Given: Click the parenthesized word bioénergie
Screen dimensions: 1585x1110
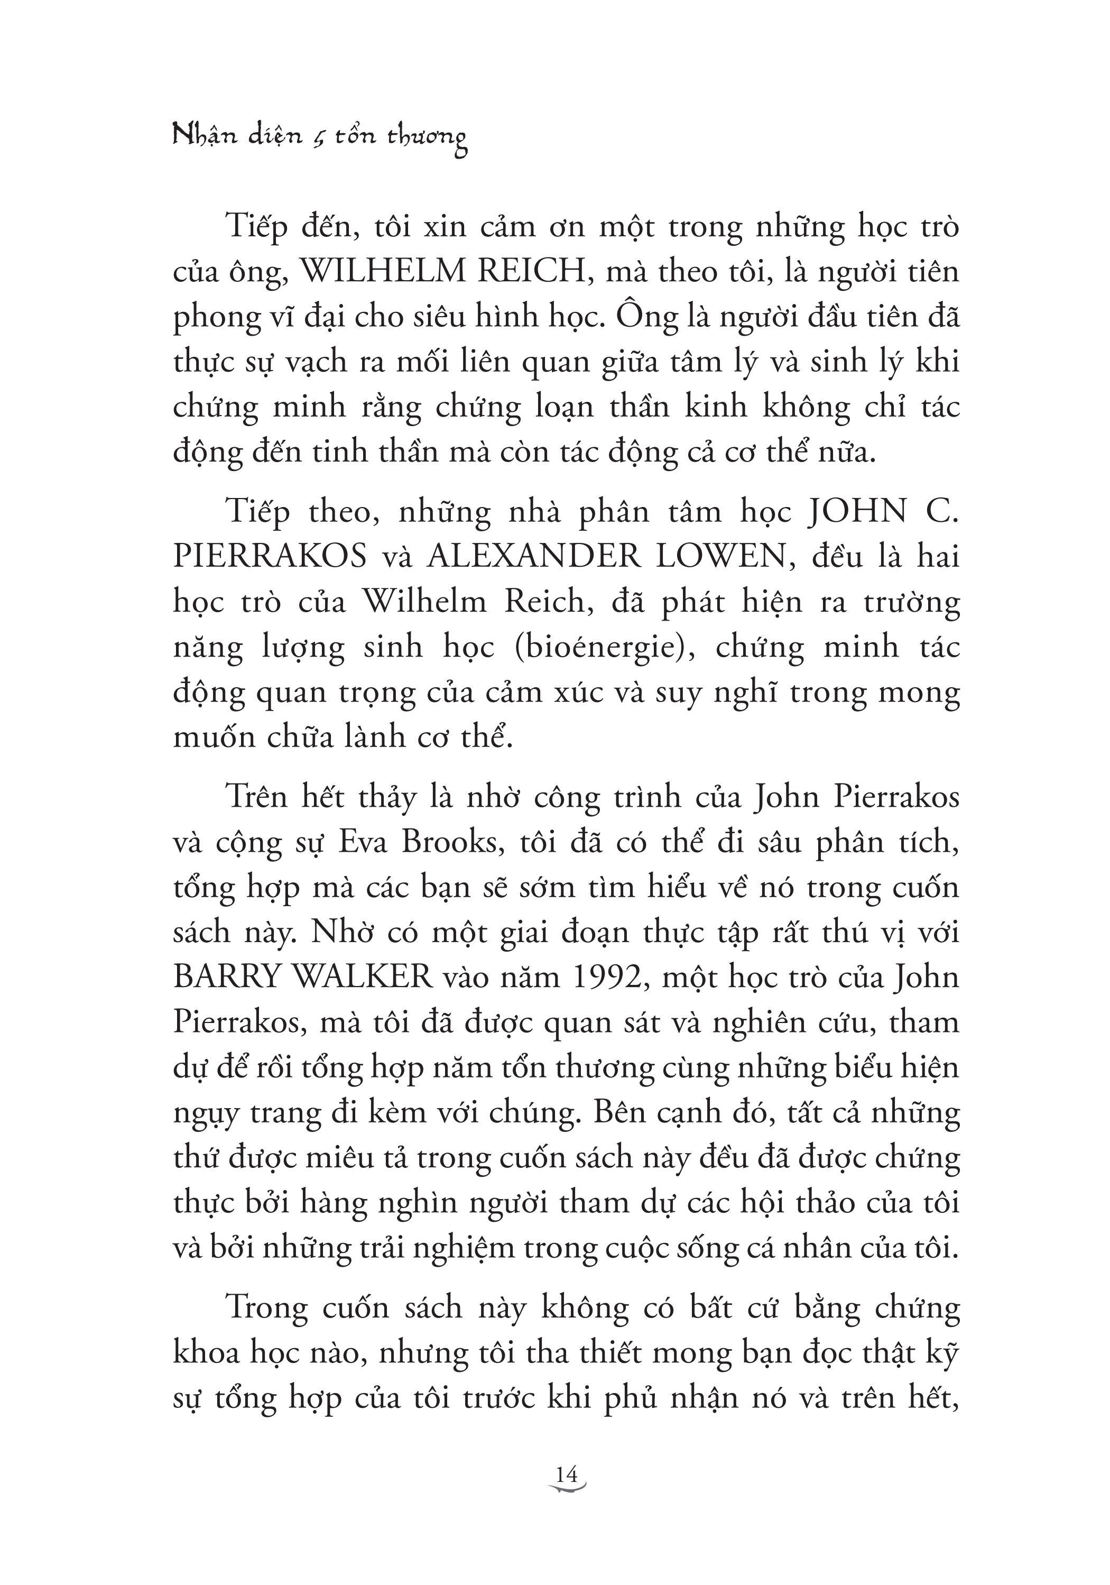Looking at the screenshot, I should [x=604, y=648].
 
